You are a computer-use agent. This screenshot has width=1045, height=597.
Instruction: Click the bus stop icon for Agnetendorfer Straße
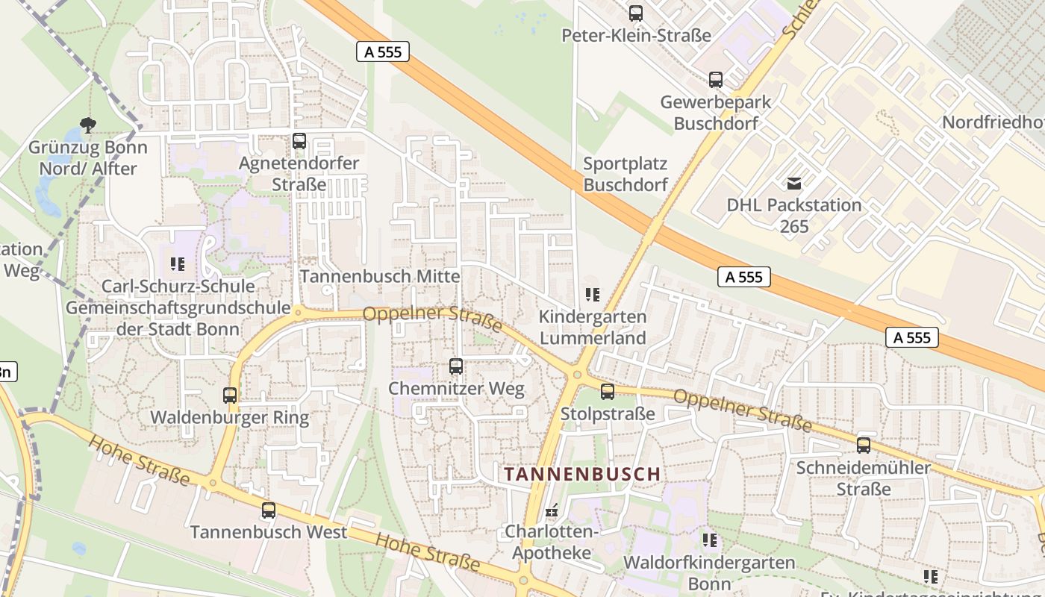point(299,140)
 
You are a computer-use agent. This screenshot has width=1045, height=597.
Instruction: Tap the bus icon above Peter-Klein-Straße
point(635,13)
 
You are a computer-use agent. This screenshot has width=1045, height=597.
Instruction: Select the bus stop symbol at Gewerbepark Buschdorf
point(715,79)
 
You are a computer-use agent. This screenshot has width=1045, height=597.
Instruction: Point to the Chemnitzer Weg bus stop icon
point(456,366)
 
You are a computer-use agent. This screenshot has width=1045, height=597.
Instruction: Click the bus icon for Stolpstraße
point(608,391)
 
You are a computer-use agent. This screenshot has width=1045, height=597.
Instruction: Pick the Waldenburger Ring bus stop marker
point(230,396)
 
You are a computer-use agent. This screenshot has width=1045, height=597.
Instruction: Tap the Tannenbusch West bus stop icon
point(269,510)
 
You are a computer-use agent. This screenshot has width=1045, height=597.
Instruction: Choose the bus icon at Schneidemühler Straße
point(864,446)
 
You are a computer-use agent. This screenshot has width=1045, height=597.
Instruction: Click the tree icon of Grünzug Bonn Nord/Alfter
point(88,125)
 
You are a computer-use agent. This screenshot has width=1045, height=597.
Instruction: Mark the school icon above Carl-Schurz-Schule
point(178,263)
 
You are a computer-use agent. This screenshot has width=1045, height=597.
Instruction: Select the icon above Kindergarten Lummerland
point(593,294)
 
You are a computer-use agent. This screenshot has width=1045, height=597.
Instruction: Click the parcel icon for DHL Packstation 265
point(794,183)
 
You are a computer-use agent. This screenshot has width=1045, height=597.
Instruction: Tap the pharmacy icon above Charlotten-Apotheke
point(552,510)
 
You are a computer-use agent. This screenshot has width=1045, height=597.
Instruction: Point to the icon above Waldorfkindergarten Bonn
point(709,540)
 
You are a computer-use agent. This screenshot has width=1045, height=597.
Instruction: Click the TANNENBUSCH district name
point(582,474)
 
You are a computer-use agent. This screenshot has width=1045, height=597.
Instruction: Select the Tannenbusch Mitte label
point(380,276)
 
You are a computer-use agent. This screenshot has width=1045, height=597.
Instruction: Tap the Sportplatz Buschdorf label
point(626,174)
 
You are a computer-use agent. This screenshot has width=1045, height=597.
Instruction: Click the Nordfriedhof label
point(993,122)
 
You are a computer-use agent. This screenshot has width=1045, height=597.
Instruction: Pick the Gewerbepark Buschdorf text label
point(715,112)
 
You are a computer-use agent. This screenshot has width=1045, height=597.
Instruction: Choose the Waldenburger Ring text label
point(230,417)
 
